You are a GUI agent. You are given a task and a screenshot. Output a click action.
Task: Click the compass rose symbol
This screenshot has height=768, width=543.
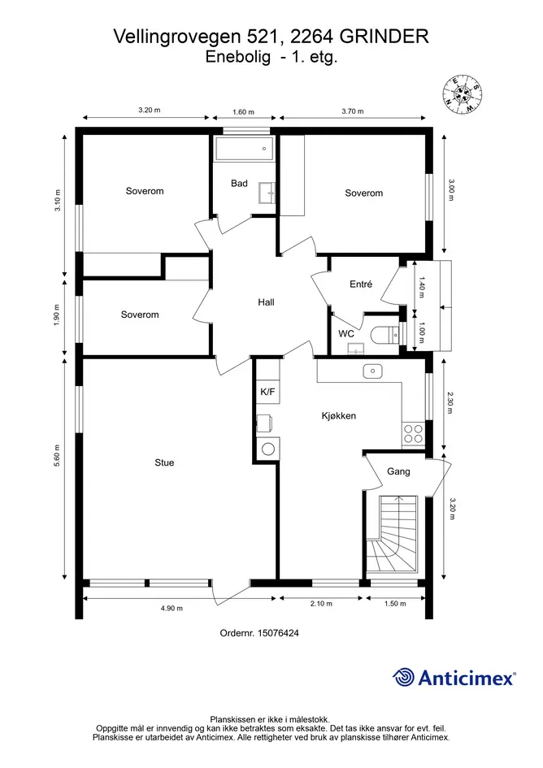463,93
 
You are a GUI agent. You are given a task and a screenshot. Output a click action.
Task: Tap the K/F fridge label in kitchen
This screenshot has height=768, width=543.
267,392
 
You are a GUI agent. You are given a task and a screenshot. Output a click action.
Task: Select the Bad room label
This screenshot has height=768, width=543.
239,183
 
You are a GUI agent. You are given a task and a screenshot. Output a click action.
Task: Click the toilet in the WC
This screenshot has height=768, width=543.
385,335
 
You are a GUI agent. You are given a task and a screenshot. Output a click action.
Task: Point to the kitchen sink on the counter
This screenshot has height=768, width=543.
372,371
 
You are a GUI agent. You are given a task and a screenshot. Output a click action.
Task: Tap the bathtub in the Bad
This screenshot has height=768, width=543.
243,148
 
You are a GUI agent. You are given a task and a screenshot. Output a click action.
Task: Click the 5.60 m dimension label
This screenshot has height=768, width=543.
57,455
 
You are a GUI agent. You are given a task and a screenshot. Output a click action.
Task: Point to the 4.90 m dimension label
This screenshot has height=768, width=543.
172,609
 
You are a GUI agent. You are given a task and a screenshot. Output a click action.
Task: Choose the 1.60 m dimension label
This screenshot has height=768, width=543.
243,111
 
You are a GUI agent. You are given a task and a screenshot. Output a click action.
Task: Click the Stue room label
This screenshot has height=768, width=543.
164,462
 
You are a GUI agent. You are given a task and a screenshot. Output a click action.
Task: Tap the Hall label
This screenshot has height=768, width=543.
266,302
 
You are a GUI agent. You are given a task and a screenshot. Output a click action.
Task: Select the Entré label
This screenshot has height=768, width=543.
361,284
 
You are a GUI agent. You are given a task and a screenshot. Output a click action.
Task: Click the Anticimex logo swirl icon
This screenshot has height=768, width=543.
403,678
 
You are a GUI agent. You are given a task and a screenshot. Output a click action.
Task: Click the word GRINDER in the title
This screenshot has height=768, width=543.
384,37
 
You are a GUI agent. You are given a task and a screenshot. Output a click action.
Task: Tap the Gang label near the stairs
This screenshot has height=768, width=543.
398,471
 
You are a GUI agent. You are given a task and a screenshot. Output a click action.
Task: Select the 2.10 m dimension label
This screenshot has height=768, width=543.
321,603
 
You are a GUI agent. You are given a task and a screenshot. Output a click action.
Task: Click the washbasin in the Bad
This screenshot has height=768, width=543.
267,192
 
